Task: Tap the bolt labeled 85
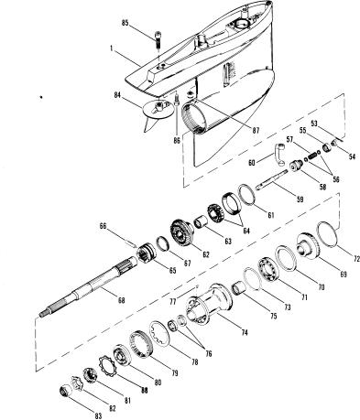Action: coord(158,39)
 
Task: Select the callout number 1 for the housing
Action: coord(112,48)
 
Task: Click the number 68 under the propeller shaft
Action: coord(121,300)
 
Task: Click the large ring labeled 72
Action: coord(328,234)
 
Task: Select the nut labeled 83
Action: coord(66,391)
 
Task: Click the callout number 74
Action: coord(244,332)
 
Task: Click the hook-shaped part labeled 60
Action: coord(280,155)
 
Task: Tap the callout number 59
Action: coord(300,199)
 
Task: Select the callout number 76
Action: coord(209,353)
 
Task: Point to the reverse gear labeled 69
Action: coord(309,246)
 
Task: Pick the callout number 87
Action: coord(256,131)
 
